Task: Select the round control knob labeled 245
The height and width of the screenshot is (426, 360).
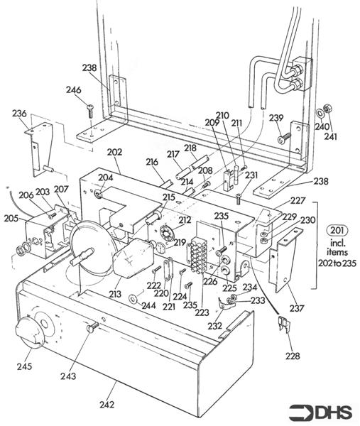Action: tap(30, 332)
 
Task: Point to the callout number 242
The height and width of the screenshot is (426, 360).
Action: tap(107, 405)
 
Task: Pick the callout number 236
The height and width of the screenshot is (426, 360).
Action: tap(19, 114)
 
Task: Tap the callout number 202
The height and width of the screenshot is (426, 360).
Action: tap(114, 152)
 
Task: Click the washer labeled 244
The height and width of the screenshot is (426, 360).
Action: tap(133, 294)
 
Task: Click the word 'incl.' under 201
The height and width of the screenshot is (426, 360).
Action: tap(337, 241)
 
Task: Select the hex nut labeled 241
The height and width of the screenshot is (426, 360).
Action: tap(327, 111)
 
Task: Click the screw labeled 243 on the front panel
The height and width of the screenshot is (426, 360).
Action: tap(91, 328)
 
